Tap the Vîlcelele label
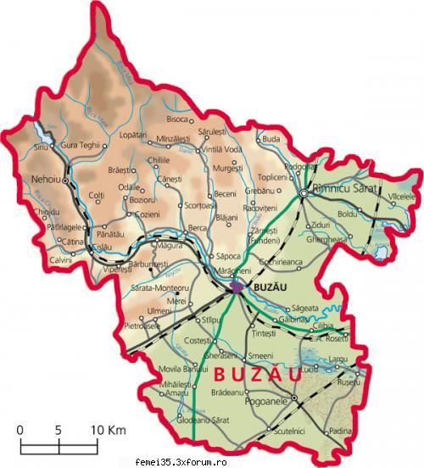click(x=403, y=197)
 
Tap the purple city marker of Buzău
click(x=238, y=287)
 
